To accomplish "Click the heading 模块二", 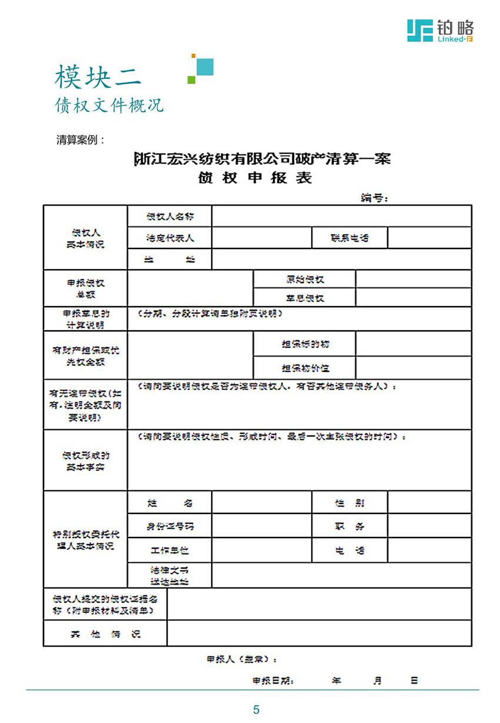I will [x=98, y=77].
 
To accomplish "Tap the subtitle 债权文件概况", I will [x=109, y=105].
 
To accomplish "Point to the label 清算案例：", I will [x=81, y=140].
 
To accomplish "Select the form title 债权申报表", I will [x=255, y=178].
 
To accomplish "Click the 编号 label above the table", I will [x=374, y=198].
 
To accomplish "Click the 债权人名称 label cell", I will [x=169, y=216].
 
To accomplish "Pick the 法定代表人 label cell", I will [x=169, y=238].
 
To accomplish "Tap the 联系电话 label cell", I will [x=349, y=238].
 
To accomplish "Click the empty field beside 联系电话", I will [x=429, y=238].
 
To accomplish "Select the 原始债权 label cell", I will [x=305, y=279].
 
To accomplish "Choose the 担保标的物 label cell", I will [x=305, y=344].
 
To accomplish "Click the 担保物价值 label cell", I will [x=305, y=368].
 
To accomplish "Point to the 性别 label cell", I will [x=349, y=503].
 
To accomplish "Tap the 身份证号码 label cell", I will [x=169, y=526].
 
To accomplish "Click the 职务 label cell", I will [x=349, y=526].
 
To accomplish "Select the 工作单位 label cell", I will [x=169, y=550].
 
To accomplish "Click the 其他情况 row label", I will [x=105, y=634].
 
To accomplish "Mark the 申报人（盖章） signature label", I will [x=241, y=659].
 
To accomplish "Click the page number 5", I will [x=256, y=709].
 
